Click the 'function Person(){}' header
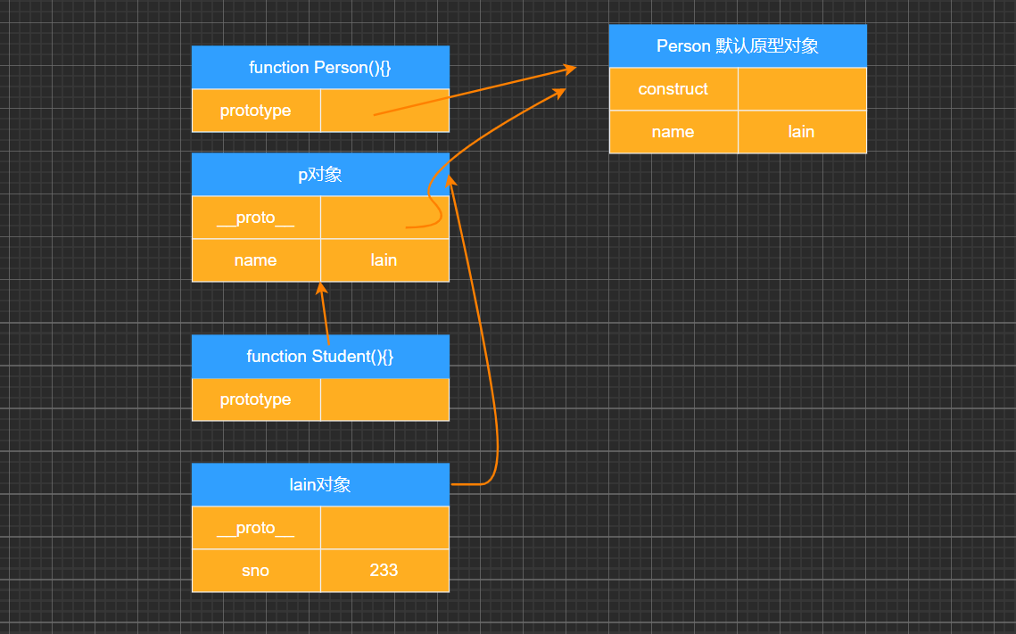click(x=320, y=68)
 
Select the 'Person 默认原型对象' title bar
click(x=738, y=46)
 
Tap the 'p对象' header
click(x=320, y=175)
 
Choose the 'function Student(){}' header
click(x=320, y=357)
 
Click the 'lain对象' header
click(x=320, y=485)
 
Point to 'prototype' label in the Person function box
click(x=256, y=111)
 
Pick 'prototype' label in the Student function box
click(x=256, y=399)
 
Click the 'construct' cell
click(x=673, y=89)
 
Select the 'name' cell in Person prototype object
click(x=673, y=132)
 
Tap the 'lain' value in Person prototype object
click(x=802, y=132)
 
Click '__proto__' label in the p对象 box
click(x=256, y=218)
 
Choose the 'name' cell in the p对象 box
click(x=256, y=260)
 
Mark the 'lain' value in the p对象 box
click(x=384, y=260)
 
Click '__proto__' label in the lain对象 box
click(x=256, y=528)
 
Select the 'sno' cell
click(x=256, y=571)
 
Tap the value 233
click(x=384, y=571)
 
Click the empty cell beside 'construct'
click(x=802, y=89)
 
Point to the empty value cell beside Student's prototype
click(x=384, y=399)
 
